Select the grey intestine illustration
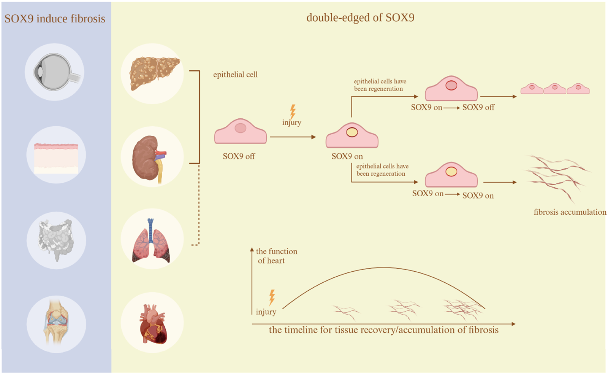[x=56, y=239]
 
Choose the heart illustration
[x=153, y=323]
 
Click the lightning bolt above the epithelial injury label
[x=293, y=111]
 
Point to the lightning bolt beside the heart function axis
[x=272, y=297]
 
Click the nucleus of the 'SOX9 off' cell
[x=241, y=128]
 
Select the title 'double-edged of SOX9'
[x=360, y=18]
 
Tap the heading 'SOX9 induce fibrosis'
[x=55, y=19]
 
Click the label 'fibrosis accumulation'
[x=570, y=212]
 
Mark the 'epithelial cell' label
[x=235, y=75]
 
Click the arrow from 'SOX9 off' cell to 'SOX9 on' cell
[x=293, y=137]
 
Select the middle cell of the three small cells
[x=555, y=89]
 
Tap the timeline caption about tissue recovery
[x=383, y=330]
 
